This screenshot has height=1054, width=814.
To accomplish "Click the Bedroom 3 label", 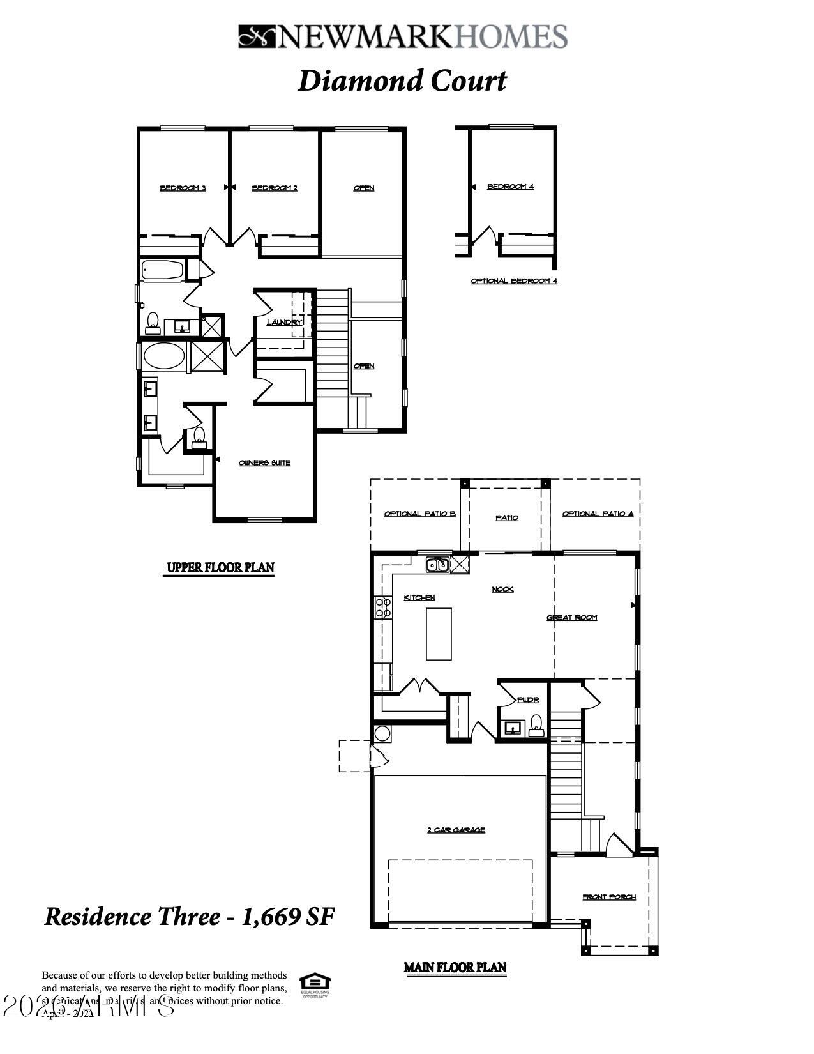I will (183, 188).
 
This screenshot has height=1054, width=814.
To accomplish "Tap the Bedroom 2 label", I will (275, 188).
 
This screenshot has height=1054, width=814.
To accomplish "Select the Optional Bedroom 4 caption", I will (514, 280).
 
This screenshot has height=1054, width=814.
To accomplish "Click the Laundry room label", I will (284, 322).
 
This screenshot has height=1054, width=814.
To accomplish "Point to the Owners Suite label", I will (264, 462).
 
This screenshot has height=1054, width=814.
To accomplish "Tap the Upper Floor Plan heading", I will (220, 567).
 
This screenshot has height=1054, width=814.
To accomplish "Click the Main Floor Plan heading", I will (455, 967).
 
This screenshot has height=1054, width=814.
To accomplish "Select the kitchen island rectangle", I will (439, 633).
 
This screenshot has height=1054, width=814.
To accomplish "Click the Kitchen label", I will (419, 597).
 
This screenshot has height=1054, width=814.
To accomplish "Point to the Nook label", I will (502, 589).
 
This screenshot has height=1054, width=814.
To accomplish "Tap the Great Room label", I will (572, 617).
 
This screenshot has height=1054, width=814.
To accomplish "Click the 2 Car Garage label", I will (456, 830).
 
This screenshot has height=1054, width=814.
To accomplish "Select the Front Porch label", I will (609, 897).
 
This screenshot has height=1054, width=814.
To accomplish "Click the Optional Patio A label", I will (598, 514).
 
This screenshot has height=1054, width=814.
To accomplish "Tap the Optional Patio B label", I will (419, 514).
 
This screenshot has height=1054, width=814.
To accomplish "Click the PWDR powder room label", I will (528, 700).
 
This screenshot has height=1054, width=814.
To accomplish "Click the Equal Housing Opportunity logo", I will (314, 985).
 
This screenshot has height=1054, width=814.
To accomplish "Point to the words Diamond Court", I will (402, 81).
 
